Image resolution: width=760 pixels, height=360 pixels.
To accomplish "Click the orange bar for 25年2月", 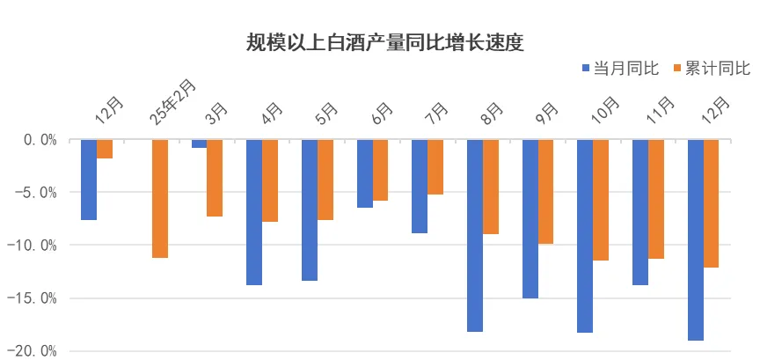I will (x=159, y=198).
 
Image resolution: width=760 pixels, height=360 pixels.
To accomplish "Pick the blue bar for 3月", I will (x=199, y=143).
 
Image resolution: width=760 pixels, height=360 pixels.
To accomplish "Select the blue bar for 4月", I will (x=254, y=211).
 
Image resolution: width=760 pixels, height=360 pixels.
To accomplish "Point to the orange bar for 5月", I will (x=325, y=180).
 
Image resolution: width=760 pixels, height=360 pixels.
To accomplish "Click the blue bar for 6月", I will (x=364, y=173).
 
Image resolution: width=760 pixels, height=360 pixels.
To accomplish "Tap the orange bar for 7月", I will (x=435, y=166).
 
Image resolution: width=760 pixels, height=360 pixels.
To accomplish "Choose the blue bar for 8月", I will (x=475, y=235).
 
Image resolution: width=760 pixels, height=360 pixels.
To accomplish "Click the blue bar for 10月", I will (x=585, y=236).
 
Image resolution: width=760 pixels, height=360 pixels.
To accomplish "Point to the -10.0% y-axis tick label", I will (x=33, y=245).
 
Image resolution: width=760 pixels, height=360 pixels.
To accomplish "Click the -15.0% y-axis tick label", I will (x=33, y=298).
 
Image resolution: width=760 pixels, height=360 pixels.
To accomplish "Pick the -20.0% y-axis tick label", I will (x=33, y=350).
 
